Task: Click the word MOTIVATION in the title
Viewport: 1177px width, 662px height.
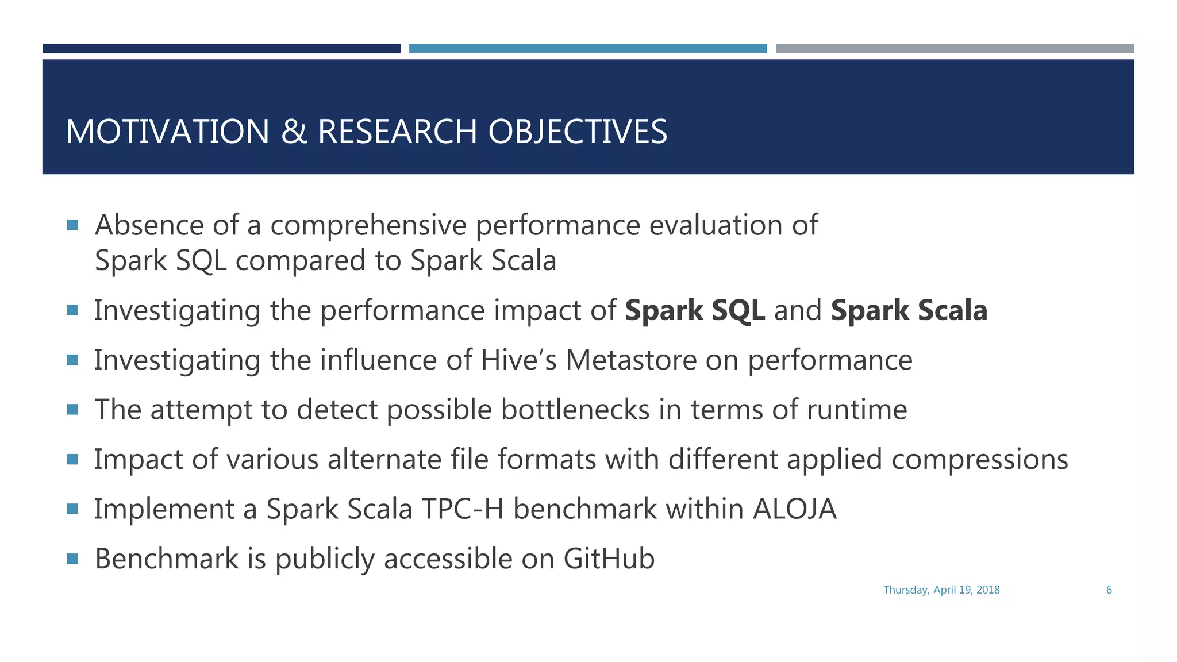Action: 167,132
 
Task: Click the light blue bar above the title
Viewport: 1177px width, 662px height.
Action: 587,49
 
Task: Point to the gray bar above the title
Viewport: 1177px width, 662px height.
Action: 955,49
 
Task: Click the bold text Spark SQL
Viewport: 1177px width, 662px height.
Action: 694,310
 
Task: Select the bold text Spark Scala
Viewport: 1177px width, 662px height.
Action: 909,310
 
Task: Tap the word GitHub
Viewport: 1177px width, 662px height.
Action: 609,559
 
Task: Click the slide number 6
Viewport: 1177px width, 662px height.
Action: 1109,590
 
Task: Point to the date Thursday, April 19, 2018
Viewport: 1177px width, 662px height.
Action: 941,590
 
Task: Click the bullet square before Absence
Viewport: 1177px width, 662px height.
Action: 72,225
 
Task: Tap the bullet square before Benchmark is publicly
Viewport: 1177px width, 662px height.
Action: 72,559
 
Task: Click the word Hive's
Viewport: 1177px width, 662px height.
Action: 518,360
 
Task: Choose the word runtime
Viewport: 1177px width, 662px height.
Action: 856,410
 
